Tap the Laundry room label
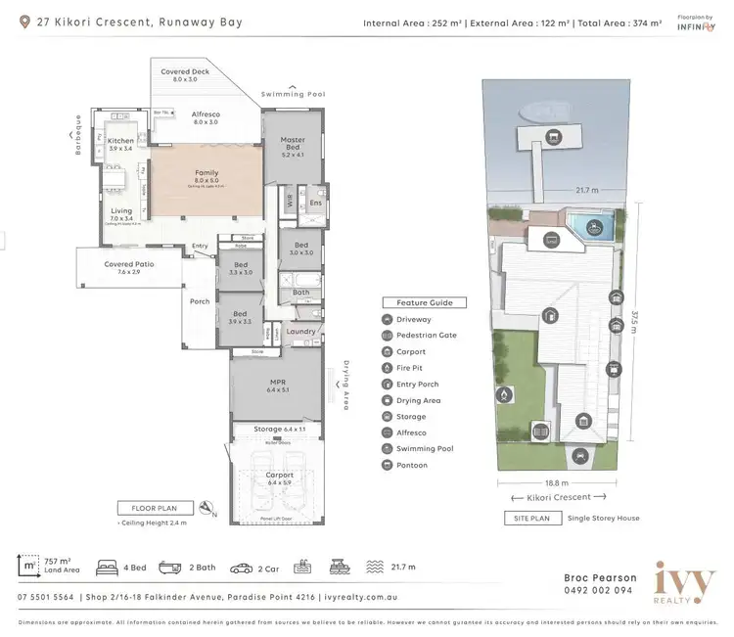click(x=300, y=331)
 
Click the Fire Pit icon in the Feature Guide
click(x=388, y=368)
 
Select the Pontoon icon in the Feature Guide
click(x=388, y=465)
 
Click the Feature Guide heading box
click(x=424, y=303)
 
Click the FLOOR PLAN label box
click(x=156, y=508)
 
